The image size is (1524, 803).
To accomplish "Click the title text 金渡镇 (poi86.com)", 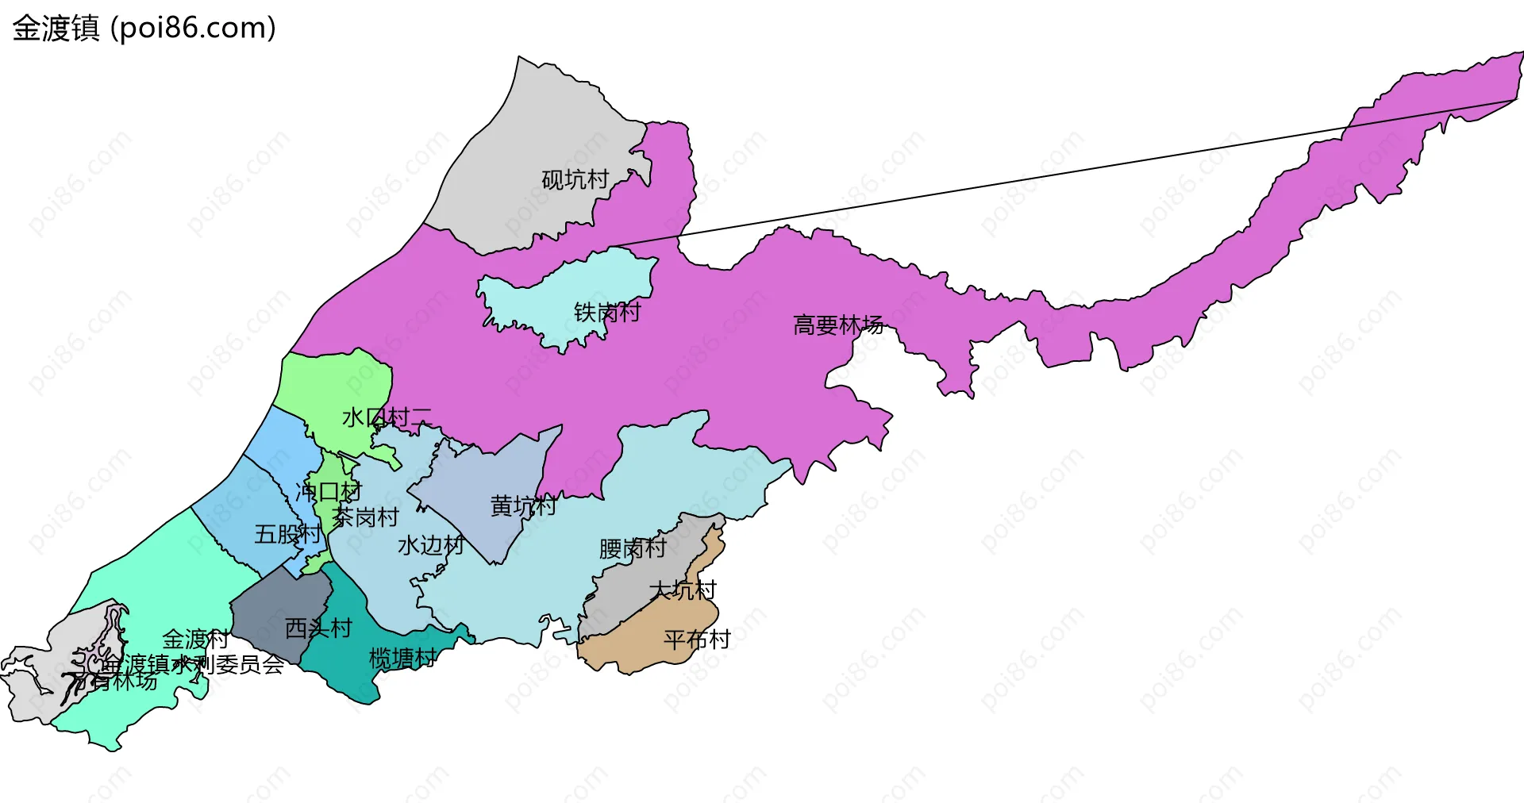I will click(144, 28).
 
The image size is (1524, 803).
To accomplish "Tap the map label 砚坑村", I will click(575, 180).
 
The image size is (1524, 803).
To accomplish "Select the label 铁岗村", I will click(607, 312).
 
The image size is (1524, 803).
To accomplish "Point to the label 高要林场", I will click(838, 325).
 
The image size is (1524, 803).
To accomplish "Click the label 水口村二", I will click(387, 417).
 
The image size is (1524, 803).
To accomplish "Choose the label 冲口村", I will click(329, 492).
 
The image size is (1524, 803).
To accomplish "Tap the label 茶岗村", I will click(365, 517).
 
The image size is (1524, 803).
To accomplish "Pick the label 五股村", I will click(287, 534).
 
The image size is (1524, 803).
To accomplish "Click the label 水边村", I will click(430, 545).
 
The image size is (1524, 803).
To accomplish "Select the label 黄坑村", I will click(523, 505).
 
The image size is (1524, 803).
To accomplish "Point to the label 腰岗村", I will click(633, 548).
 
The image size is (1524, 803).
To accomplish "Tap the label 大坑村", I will click(683, 590).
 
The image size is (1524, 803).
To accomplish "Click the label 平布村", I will click(697, 640).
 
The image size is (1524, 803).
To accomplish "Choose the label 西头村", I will click(318, 628).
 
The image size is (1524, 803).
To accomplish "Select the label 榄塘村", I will click(402, 658).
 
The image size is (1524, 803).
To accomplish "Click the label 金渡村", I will click(195, 639).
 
